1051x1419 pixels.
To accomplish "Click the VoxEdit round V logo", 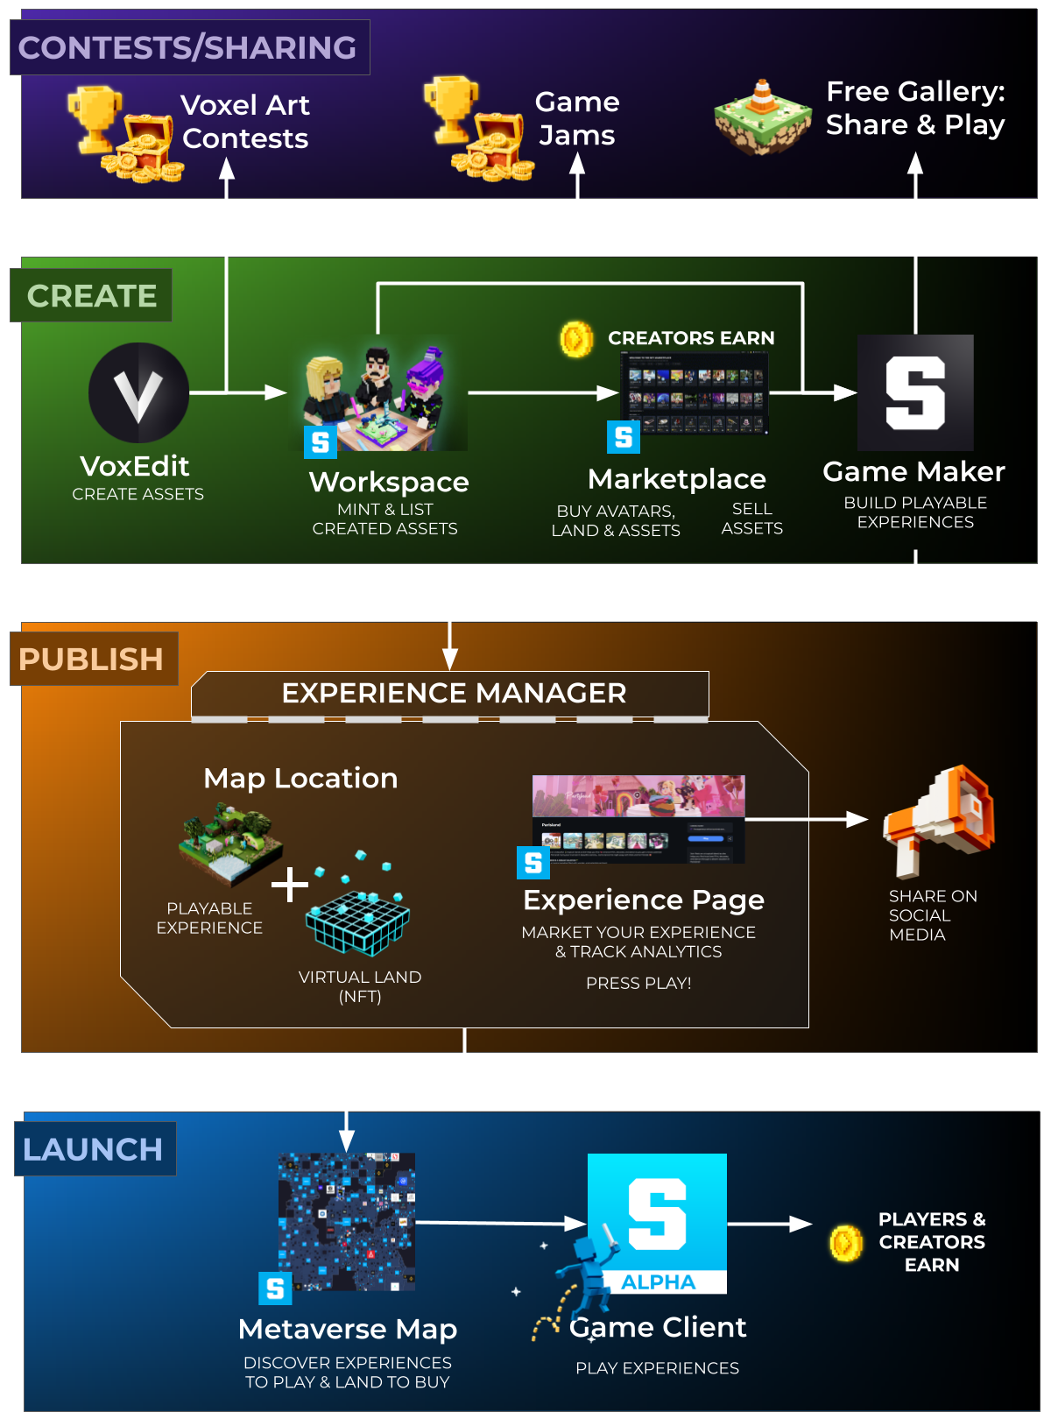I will click(138, 392).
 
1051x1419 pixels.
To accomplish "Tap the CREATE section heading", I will click(92, 296).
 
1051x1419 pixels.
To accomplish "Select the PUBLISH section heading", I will click(91, 659).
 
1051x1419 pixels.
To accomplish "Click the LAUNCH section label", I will click(93, 1149).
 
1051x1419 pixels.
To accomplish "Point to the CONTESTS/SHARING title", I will click(187, 47).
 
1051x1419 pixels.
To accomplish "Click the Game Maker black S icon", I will click(915, 392).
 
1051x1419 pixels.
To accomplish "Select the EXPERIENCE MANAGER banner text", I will click(454, 693).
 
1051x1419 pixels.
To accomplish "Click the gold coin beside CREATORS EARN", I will click(576, 339).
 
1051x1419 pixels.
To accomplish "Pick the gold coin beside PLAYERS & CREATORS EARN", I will click(846, 1243).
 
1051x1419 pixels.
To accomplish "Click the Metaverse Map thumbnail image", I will click(347, 1222).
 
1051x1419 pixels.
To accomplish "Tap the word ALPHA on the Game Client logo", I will click(659, 1282).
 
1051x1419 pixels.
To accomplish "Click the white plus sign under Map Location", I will click(290, 885).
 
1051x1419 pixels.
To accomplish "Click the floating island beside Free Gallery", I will click(763, 118).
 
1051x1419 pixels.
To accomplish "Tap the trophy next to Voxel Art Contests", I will click(95, 116).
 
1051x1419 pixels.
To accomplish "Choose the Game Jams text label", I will click(577, 118).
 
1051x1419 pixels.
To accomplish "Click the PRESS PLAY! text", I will click(638, 983).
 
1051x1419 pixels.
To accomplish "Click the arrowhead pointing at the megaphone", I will click(857, 819).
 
